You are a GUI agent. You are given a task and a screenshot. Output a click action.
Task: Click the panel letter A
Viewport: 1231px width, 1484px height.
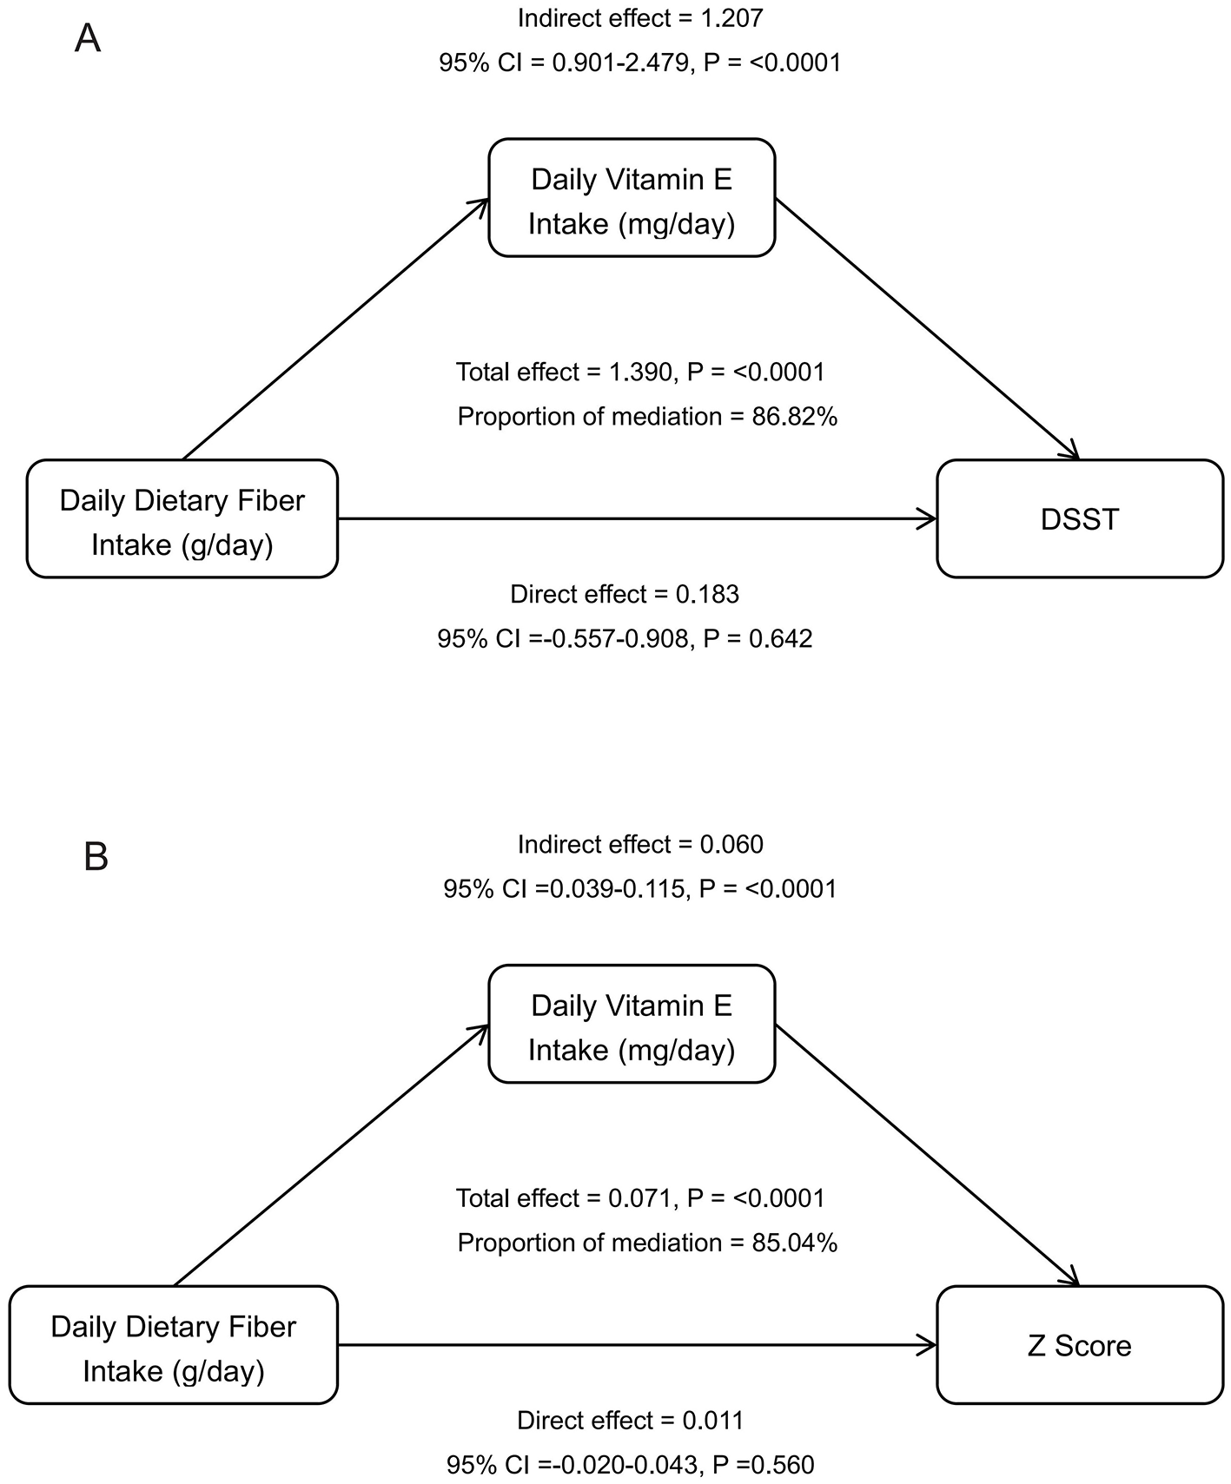tap(88, 39)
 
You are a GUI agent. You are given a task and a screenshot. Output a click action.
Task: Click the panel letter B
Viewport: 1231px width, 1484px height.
tap(96, 857)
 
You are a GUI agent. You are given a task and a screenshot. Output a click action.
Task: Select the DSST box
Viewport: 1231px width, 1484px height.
tap(1079, 519)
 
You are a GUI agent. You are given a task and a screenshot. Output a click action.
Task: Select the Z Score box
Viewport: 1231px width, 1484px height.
tap(1079, 1345)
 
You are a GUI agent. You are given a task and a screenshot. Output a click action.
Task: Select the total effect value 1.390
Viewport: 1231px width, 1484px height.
tap(639, 373)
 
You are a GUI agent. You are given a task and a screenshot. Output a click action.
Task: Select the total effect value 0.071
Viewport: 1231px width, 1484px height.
tap(639, 1198)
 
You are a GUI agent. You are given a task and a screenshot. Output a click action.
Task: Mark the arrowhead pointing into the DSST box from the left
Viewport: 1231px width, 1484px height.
tap(930, 519)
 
